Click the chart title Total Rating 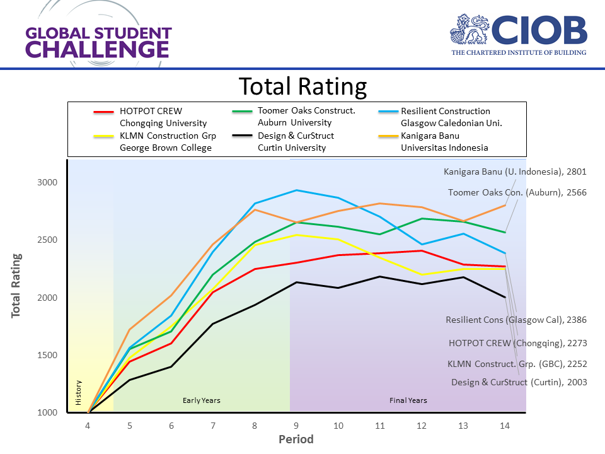pos(302,86)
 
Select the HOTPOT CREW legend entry pos(151,117)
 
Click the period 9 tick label pos(297,426)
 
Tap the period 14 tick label pos(505,426)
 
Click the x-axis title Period pos(296,439)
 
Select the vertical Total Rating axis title pos(16,286)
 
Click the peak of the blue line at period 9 pos(297,190)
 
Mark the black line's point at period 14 pos(505,297)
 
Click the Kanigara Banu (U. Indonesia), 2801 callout pos(515,172)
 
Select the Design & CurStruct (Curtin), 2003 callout pos(519,382)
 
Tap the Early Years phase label pos(202,400)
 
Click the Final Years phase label pos(408,400)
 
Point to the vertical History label pos(79,392)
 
